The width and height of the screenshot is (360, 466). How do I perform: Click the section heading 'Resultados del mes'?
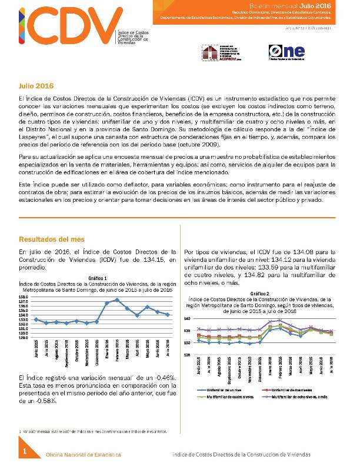point(51,239)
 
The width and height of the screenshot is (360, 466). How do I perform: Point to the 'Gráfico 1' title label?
point(97,277)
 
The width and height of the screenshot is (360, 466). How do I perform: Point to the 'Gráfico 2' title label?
point(259,293)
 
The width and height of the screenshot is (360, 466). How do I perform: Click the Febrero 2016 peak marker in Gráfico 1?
point(117,299)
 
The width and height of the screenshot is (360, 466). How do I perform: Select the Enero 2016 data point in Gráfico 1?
point(106,303)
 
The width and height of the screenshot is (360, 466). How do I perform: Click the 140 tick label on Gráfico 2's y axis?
point(186,318)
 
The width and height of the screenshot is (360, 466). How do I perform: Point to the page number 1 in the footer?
point(25,451)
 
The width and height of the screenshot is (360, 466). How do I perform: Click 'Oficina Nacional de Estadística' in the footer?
point(84,455)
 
